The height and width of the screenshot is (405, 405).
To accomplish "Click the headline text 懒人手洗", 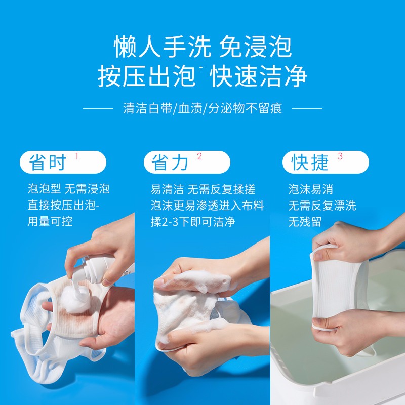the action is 163,47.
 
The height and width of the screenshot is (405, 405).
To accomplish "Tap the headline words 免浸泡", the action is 256,47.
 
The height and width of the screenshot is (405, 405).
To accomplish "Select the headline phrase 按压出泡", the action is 146,76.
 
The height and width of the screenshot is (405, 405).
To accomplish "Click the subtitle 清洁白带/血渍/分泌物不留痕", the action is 203,108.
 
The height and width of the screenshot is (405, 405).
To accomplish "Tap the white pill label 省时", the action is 63,162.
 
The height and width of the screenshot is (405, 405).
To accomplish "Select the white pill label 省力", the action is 187,162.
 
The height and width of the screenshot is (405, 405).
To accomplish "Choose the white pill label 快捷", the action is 326,162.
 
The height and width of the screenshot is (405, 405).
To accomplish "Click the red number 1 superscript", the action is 77,156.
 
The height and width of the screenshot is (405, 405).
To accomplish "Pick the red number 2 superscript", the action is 199,156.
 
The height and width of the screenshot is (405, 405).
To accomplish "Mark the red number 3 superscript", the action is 340,156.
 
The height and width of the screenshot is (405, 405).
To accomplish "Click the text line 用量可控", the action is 50,222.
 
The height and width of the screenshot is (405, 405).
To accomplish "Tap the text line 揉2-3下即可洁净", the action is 193,222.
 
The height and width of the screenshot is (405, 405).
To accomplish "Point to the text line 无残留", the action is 305,222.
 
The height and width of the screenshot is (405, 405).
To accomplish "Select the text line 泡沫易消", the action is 310,189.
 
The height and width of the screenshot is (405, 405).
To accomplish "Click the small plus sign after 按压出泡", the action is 201,68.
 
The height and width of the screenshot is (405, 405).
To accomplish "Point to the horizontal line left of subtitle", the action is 98,109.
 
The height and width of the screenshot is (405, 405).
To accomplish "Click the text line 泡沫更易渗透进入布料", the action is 208,206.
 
